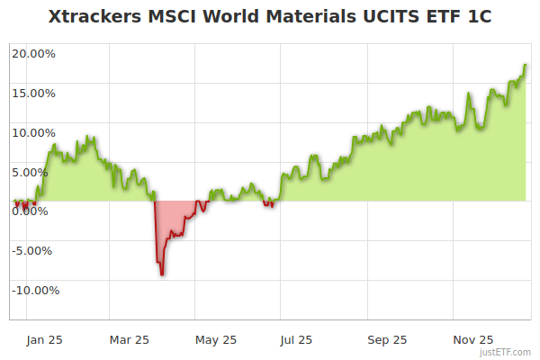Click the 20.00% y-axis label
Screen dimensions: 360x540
pyautogui.click(x=33, y=53)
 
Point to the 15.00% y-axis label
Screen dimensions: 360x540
pyautogui.click(x=33, y=93)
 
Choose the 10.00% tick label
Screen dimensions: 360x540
pyautogui.click(x=33, y=132)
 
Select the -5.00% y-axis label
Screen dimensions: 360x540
pyautogui.click(x=35, y=250)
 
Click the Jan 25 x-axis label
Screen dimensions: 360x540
pyautogui.click(x=44, y=339)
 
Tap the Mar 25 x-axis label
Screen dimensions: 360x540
pyautogui.click(x=130, y=339)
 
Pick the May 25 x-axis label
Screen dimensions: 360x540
pyautogui.click(x=215, y=339)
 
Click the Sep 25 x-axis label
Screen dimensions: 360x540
pyautogui.click(x=386, y=339)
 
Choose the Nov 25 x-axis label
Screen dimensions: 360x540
pyautogui.click(x=472, y=339)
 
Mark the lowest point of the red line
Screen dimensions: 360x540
pyautogui.click(x=161, y=274)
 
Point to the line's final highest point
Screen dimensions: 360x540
pyautogui.click(x=526, y=65)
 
